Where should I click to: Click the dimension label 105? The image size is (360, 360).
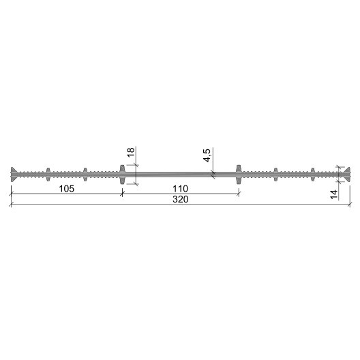coord(67,189)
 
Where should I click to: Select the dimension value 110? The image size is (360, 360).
coord(180,189)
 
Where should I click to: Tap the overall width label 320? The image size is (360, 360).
coord(180,199)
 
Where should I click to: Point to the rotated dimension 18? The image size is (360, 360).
coord(130,152)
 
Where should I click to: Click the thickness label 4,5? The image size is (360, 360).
coord(207,155)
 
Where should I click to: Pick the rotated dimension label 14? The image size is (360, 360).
coord(334,194)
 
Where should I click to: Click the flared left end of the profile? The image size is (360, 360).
coord(14,175)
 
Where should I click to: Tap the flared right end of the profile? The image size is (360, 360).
coord(346,175)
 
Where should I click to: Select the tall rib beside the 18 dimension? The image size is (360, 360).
coord(122,175)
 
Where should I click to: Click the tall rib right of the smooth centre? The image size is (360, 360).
coord(239,175)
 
